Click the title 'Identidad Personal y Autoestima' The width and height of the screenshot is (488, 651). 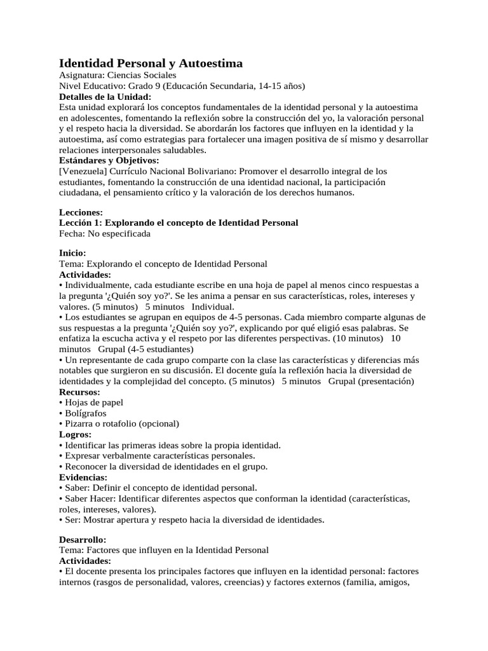[151, 63]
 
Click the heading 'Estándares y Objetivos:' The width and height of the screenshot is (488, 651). [109, 161]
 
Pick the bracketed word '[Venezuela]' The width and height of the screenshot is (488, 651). [83, 172]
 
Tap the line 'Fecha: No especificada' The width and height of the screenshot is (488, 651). [105, 234]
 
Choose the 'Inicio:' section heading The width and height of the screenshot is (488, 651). [72, 253]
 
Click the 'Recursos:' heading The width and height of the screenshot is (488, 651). [79, 392]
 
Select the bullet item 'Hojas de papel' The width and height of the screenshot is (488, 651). [93, 402]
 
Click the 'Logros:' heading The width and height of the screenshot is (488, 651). [75, 434]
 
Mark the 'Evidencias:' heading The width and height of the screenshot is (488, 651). [83, 477]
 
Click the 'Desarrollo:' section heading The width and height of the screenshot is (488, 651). [83, 539]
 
